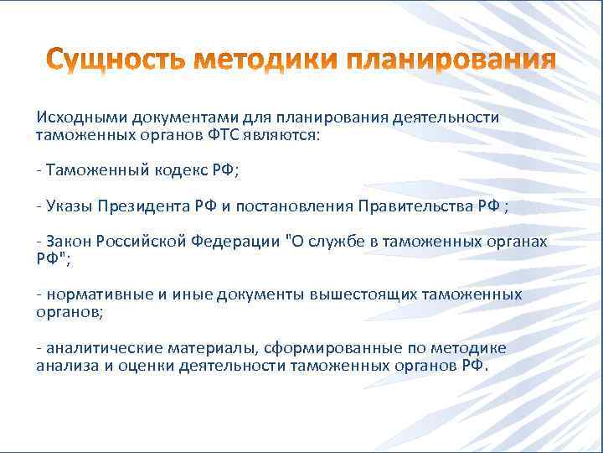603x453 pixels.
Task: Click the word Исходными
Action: pos(72,117)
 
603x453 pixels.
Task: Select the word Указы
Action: pos(70,206)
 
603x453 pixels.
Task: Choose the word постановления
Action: pos(298,206)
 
